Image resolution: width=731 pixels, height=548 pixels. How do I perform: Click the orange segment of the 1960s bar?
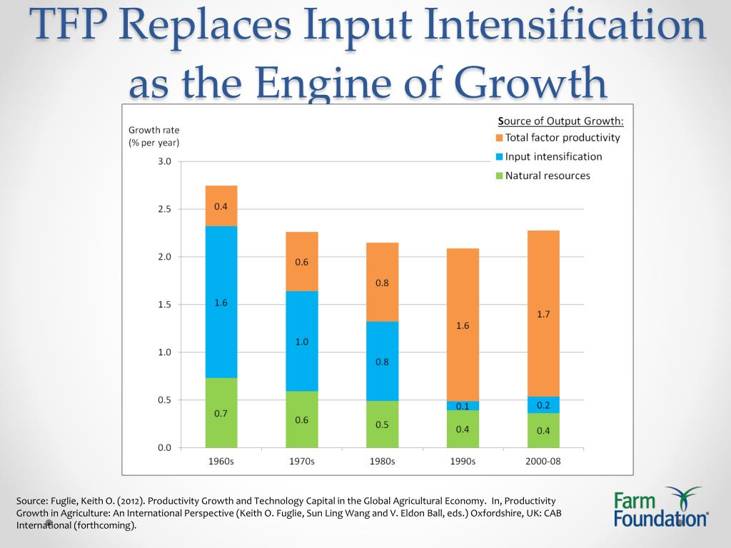click(x=221, y=205)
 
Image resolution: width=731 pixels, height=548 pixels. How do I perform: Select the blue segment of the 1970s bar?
click(x=301, y=340)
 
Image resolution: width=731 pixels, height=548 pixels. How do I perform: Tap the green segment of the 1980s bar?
click(x=382, y=424)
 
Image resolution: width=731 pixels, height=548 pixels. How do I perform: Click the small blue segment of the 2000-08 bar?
click(x=543, y=405)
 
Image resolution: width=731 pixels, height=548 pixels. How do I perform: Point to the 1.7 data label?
click(x=543, y=313)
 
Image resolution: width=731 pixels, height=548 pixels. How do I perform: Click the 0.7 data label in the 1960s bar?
click(x=221, y=413)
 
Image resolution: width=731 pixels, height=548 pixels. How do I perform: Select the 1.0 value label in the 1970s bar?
click(x=301, y=342)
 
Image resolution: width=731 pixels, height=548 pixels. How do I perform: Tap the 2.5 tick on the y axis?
click(x=164, y=209)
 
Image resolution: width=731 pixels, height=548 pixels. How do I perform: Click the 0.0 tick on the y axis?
click(x=164, y=447)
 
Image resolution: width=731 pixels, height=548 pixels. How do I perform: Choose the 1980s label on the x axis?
click(x=382, y=461)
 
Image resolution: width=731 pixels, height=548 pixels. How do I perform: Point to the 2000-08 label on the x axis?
click(x=543, y=461)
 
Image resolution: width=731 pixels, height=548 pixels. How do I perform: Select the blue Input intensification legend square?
click(x=500, y=157)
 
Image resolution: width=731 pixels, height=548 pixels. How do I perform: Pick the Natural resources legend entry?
click(x=547, y=176)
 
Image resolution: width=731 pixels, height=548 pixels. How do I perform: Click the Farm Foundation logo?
click(x=660, y=507)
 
